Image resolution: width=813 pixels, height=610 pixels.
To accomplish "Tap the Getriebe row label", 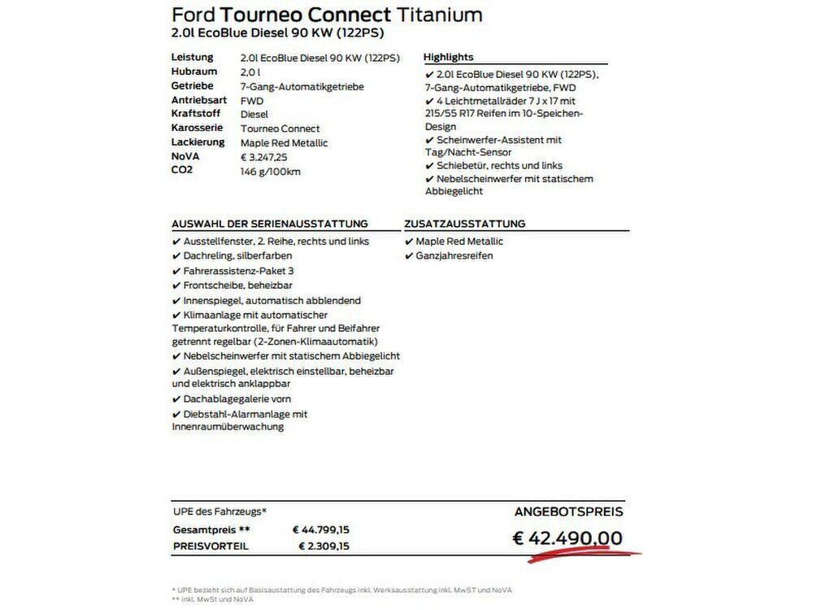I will pos(193,85).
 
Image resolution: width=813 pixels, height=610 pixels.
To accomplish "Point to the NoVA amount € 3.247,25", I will pos(264,157).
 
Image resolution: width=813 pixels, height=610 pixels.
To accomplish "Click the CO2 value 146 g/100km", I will pos(272,171).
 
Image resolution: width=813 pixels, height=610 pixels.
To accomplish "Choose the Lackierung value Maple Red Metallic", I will pos(285,142).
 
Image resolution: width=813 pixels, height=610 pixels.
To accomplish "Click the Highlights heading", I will pos(449,57).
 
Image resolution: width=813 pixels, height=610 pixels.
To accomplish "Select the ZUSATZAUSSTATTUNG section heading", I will pos(464,224).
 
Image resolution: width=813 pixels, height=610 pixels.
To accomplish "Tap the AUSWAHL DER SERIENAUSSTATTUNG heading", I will pos(270,224).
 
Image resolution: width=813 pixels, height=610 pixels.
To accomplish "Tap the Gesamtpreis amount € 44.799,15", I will pos(321,529).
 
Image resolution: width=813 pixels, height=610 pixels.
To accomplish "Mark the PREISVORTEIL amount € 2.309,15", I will pos(324,547).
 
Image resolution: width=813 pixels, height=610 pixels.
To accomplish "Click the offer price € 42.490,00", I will pos(567,538).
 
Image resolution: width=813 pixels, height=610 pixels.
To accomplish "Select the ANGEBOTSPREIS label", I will pos(569,512).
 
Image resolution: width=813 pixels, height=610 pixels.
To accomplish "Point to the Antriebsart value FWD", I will pos(251,100).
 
